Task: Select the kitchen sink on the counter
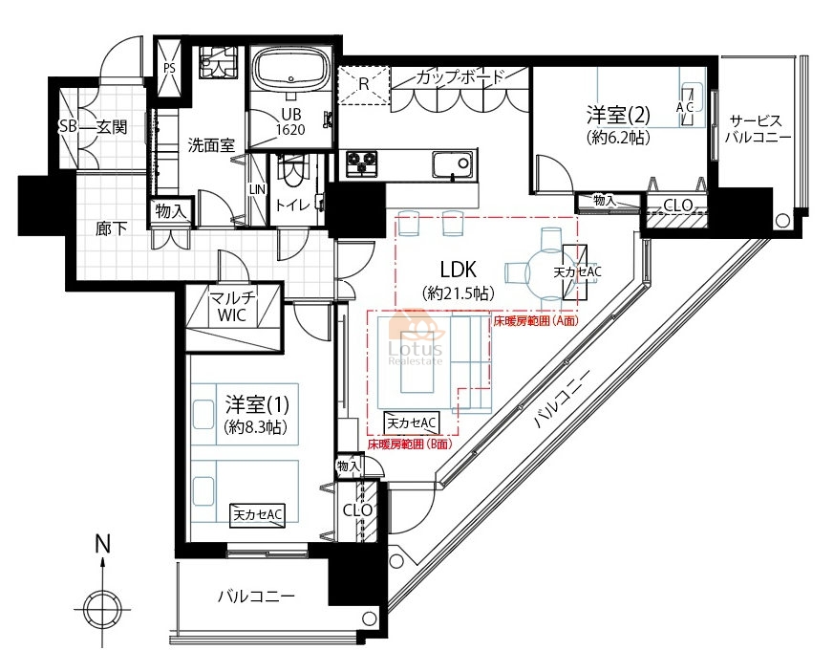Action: point(452,164)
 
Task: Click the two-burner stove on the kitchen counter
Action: point(362,163)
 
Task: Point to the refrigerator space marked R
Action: point(363,85)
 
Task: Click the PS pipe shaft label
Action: point(170,68)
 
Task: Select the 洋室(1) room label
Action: point(257,405)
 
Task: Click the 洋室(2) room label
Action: point(618,115)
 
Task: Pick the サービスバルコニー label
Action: point(759,129)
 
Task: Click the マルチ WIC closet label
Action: point(232,307)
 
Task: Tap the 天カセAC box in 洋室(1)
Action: point(257,514)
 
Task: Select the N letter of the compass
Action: point(102,544)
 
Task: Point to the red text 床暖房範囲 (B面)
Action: point(410,444)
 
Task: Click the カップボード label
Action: point(460,77)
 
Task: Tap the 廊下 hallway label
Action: point(112,228)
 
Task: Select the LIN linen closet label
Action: point(257,189)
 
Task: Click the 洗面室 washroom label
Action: point(211,144)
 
